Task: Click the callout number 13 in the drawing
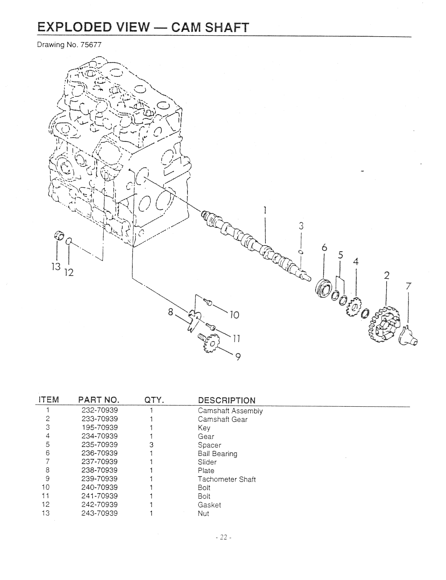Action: (x=55, y=267)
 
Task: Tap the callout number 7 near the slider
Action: (x=409, y=286)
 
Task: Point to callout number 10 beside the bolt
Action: (x=235, y=315)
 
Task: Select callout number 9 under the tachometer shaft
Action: (x=238, y=357)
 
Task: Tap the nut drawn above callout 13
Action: (x=59, y=235)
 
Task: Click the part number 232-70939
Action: (x=99, y=410)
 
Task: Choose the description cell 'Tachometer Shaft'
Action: (x=227, y=479)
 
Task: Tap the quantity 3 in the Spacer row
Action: (x=152, y=445)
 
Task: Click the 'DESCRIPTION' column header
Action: (x=227, y=400)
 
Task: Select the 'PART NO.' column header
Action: (x=99, y=400)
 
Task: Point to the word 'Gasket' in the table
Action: (x=209, y=505)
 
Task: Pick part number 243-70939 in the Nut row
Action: (x=99, y=513)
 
